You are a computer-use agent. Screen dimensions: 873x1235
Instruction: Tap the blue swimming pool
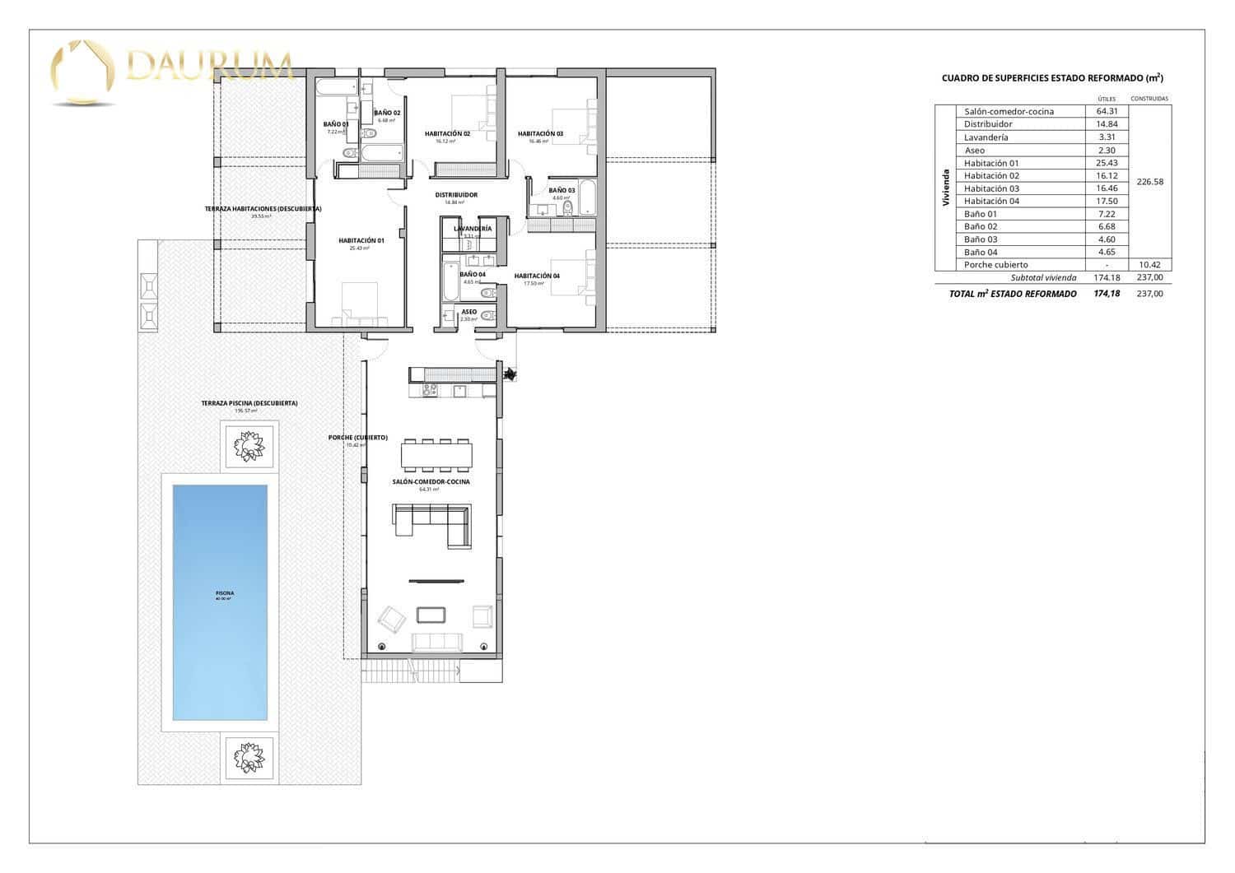coord(220,601)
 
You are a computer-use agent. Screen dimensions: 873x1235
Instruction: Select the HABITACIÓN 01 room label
coord(361,241)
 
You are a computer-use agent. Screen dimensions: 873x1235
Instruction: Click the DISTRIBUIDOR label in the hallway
coord(456,195)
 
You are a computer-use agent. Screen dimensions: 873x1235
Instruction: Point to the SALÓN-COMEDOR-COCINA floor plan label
coord(431,482)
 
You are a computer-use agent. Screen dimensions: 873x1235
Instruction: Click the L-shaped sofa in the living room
coord(432,523)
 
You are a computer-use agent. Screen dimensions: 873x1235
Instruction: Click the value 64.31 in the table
coord(1107,112)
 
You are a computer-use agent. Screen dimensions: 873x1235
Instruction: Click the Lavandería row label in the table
coord(986,137)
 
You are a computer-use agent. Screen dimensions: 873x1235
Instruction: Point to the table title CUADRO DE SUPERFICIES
coord(1051,78)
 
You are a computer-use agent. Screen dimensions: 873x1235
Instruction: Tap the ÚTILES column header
coord(1107,99)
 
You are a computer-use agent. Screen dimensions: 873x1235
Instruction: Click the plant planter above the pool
coord(249,446)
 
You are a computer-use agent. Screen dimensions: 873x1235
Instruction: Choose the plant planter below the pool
coord(249,756)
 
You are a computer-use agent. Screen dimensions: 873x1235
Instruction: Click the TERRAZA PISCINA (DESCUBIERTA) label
coord(249,403)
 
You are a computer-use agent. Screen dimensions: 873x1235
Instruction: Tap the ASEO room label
coord(469,312)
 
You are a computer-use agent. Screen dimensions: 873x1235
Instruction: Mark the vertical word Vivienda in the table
coord(945,188)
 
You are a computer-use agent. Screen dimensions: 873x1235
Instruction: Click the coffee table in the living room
coord(432,615)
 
